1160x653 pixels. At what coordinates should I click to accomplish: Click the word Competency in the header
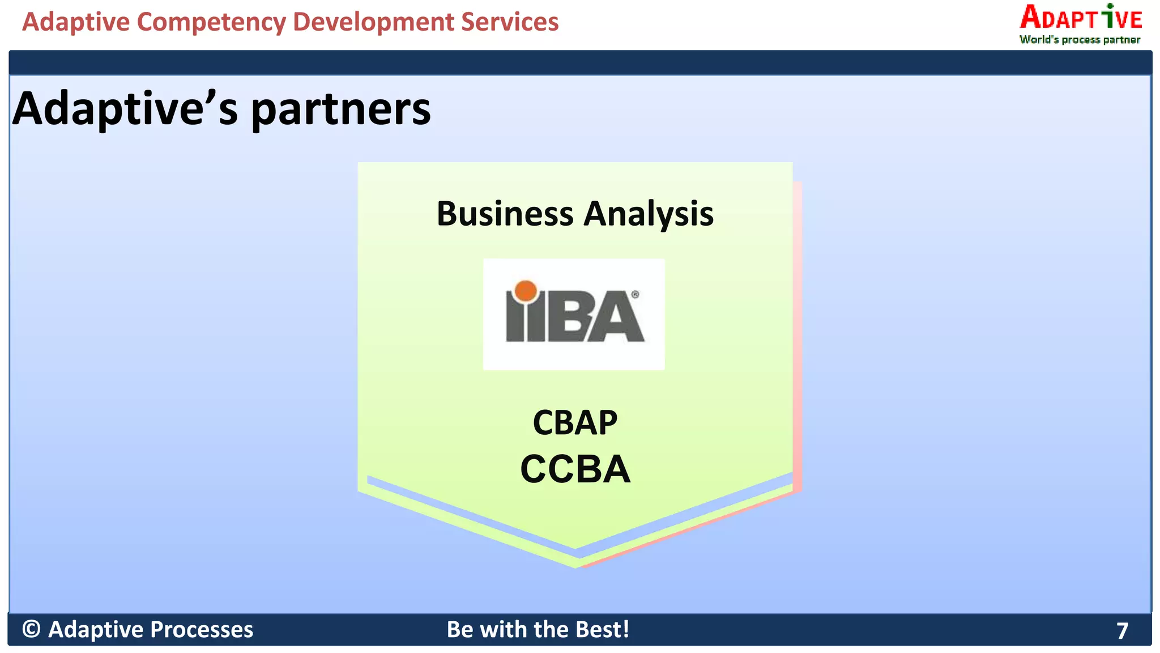coord(211,23)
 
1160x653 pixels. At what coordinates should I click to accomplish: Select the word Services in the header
coord(509,22)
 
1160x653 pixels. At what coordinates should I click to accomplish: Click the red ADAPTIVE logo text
coord(1081,18)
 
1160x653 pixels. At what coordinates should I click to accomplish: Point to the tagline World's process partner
coord(1080,40)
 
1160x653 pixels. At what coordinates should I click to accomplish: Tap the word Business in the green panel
coord(505,214)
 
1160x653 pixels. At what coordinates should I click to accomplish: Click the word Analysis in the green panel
coord(649,214)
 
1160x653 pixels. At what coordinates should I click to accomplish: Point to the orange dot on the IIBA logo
coord(526,291)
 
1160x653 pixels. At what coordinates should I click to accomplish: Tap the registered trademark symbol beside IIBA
coord(635,295)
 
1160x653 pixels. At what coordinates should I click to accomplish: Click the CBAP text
coord(575,423)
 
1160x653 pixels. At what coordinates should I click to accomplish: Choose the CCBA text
coord(575,469)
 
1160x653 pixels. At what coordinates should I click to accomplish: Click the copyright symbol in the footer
coord(32,629)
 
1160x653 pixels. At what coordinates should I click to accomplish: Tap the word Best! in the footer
coord(602,629)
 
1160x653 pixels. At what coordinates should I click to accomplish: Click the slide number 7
coord(1122,631)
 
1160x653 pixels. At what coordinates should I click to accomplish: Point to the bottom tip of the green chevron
coord(577,566)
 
